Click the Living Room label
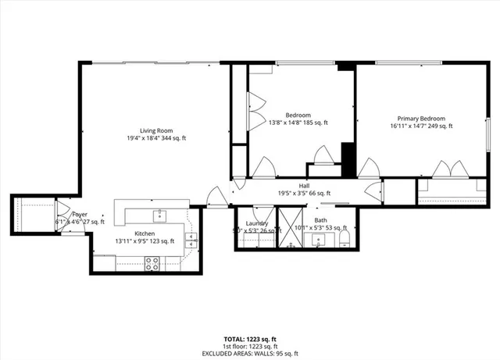pyautogui.click(x=156, y=130)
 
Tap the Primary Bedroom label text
pyautogui.click(x=420, y=119)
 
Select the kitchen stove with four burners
pyautogui.click(x=152, y=265)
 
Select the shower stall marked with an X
pyautogui.click(x=290, y=226)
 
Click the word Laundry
pyautogui.click(x=256, y=223)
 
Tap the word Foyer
pyautogui.click(x=80, y=214)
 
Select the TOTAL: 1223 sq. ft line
pyautogui.click(x=250, y=339)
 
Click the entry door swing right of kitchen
pyautogui.click(x=216, y=197)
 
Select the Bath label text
pyautogui.click(x=320, y=221)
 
